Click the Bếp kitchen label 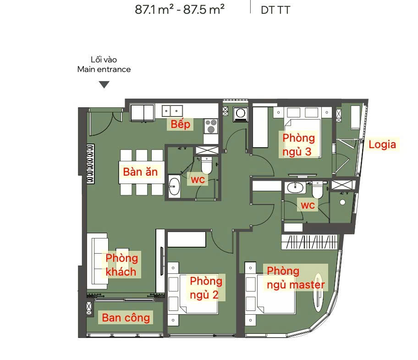[x=181, y=124]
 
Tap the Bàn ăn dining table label [x=141, y=172]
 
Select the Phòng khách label [x=121, y=265]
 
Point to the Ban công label [x=126, y=318]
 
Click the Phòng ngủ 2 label [x=206, y=288]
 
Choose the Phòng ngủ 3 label [x=298, y=144]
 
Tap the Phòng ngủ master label [x=296, y=278]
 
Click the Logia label [x=382, y=144]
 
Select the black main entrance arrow [x=104, y=84]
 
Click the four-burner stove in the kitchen [x=211, y=126]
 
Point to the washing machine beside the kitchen [x=241, y=114]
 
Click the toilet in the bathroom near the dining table [x=206, y=165]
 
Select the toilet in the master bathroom [x=317, y=190]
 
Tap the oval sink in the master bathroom [x=295, y=187]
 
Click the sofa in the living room [x=98, y=261]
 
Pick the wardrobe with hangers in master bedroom [x=309, y=242]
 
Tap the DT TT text [x=275, y=10]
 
